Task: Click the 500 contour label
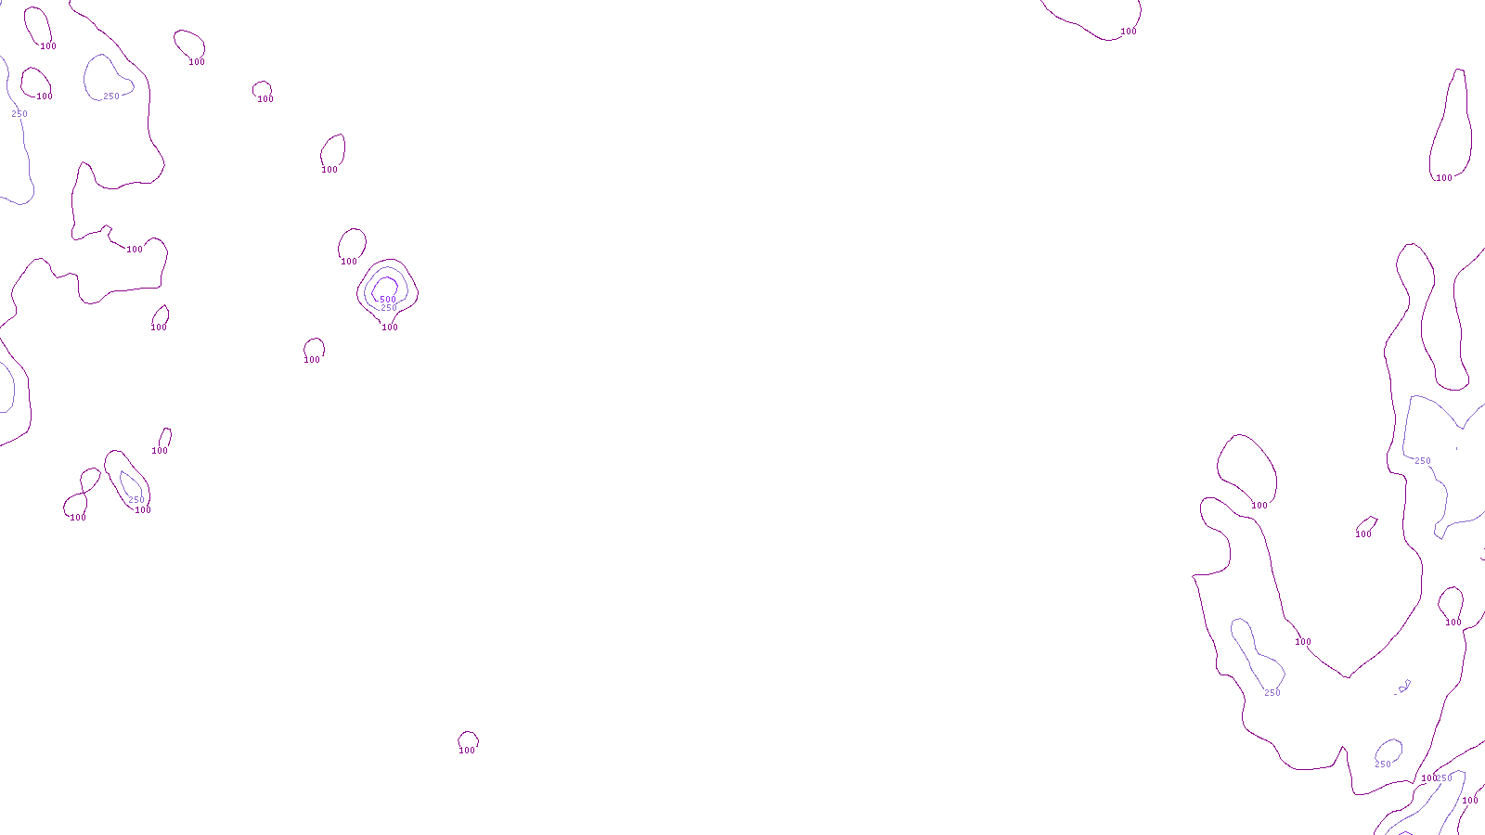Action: pos(388,300)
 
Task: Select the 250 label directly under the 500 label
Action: pos(389,308)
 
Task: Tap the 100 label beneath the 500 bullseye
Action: pos(390,328)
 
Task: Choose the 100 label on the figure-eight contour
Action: pos(78,518)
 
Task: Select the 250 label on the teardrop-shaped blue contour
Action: pos(136,500)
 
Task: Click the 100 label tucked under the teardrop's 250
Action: pos(143,510)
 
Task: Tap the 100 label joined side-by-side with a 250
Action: pos(1427,778)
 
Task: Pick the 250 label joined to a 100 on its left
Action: pos(1444,778)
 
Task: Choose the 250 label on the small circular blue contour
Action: pos(1383,764)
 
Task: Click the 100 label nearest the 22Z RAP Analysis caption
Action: pos(467,751)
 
